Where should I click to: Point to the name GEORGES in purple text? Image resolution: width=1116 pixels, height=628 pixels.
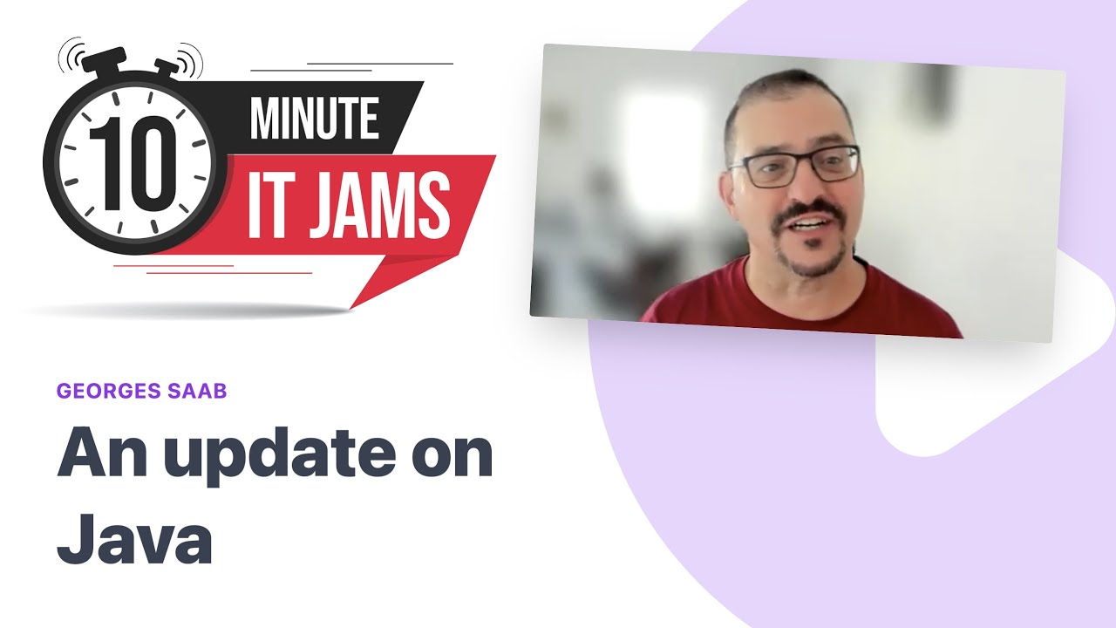click(105, 391)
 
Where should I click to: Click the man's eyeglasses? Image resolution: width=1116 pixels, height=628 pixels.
click(793, 166)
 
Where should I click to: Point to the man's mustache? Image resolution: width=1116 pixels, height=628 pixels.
click(810, 213)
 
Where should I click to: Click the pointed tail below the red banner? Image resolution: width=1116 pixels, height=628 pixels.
click(384, 279)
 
